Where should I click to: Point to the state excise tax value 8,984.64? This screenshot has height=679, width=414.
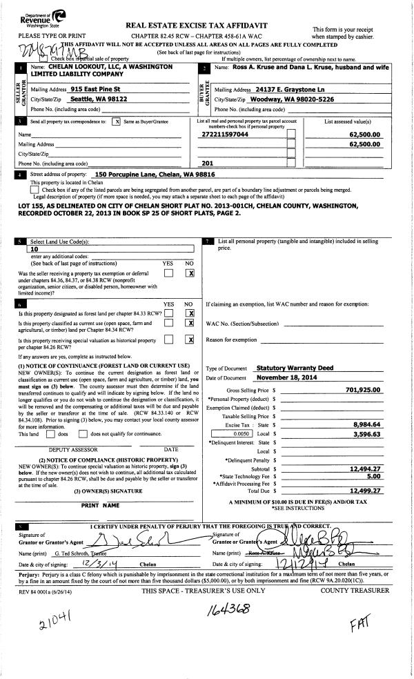point(366,424)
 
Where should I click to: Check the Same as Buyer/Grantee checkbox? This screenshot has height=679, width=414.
point(116,121)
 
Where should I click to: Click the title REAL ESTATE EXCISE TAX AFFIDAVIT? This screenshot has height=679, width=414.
point(197,26)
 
